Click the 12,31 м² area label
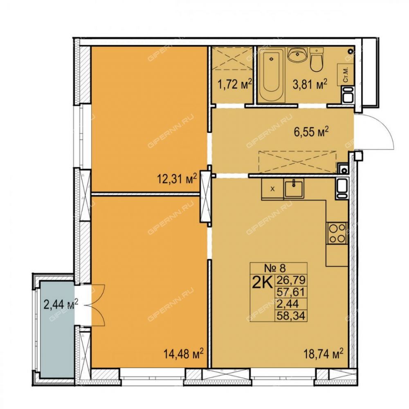pyautogui.click(x=177, y=179)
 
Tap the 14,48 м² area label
pyautogui.click(x=183, y=354)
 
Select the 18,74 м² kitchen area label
pyautogui.click(x=324, y=354)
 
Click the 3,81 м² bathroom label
pyautogui.click(x=310, y=85)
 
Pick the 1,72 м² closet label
pyautogui.click(x=235, y=85)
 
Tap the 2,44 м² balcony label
pyautogui.click(x=61, y=305)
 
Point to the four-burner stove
pyautogui.click(x=337, y=233)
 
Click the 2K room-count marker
pyautogui.click(x=262, y=282)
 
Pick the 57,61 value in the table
pyautogui.click(x=291, y=292)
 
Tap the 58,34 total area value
pyautogui.click(x=291, y=316)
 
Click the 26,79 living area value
pyautogui.click(x=291, y=281)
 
